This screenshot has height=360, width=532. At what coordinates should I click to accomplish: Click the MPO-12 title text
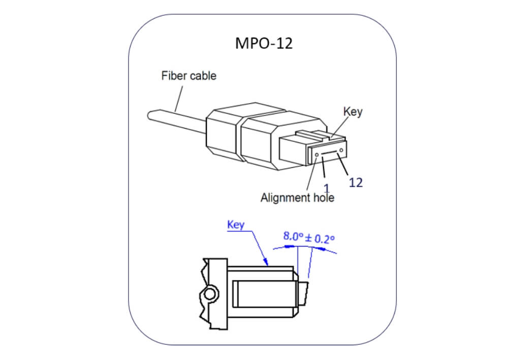[264, 43]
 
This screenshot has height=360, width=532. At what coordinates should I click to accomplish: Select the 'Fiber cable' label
[189, 76]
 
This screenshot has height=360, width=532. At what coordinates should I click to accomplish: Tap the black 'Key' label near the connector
[353, 111]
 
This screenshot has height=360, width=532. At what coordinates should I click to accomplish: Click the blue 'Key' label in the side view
[236, 225]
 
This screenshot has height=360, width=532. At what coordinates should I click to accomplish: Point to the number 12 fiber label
[356, 183]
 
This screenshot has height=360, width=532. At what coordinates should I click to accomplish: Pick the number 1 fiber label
[327, 189]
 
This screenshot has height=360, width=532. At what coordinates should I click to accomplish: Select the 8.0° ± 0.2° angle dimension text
[309, 237]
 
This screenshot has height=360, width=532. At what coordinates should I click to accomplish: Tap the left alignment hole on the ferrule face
[318, 155]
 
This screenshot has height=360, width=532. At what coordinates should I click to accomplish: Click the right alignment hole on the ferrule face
[341, 149]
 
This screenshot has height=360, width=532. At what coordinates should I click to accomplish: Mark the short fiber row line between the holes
[329, 152]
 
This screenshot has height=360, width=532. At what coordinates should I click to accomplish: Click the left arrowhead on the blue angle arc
[290, 246]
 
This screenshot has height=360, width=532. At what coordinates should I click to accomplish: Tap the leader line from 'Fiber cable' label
[178, 98]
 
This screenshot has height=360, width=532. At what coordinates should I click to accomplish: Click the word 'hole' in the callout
[322, 198]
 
